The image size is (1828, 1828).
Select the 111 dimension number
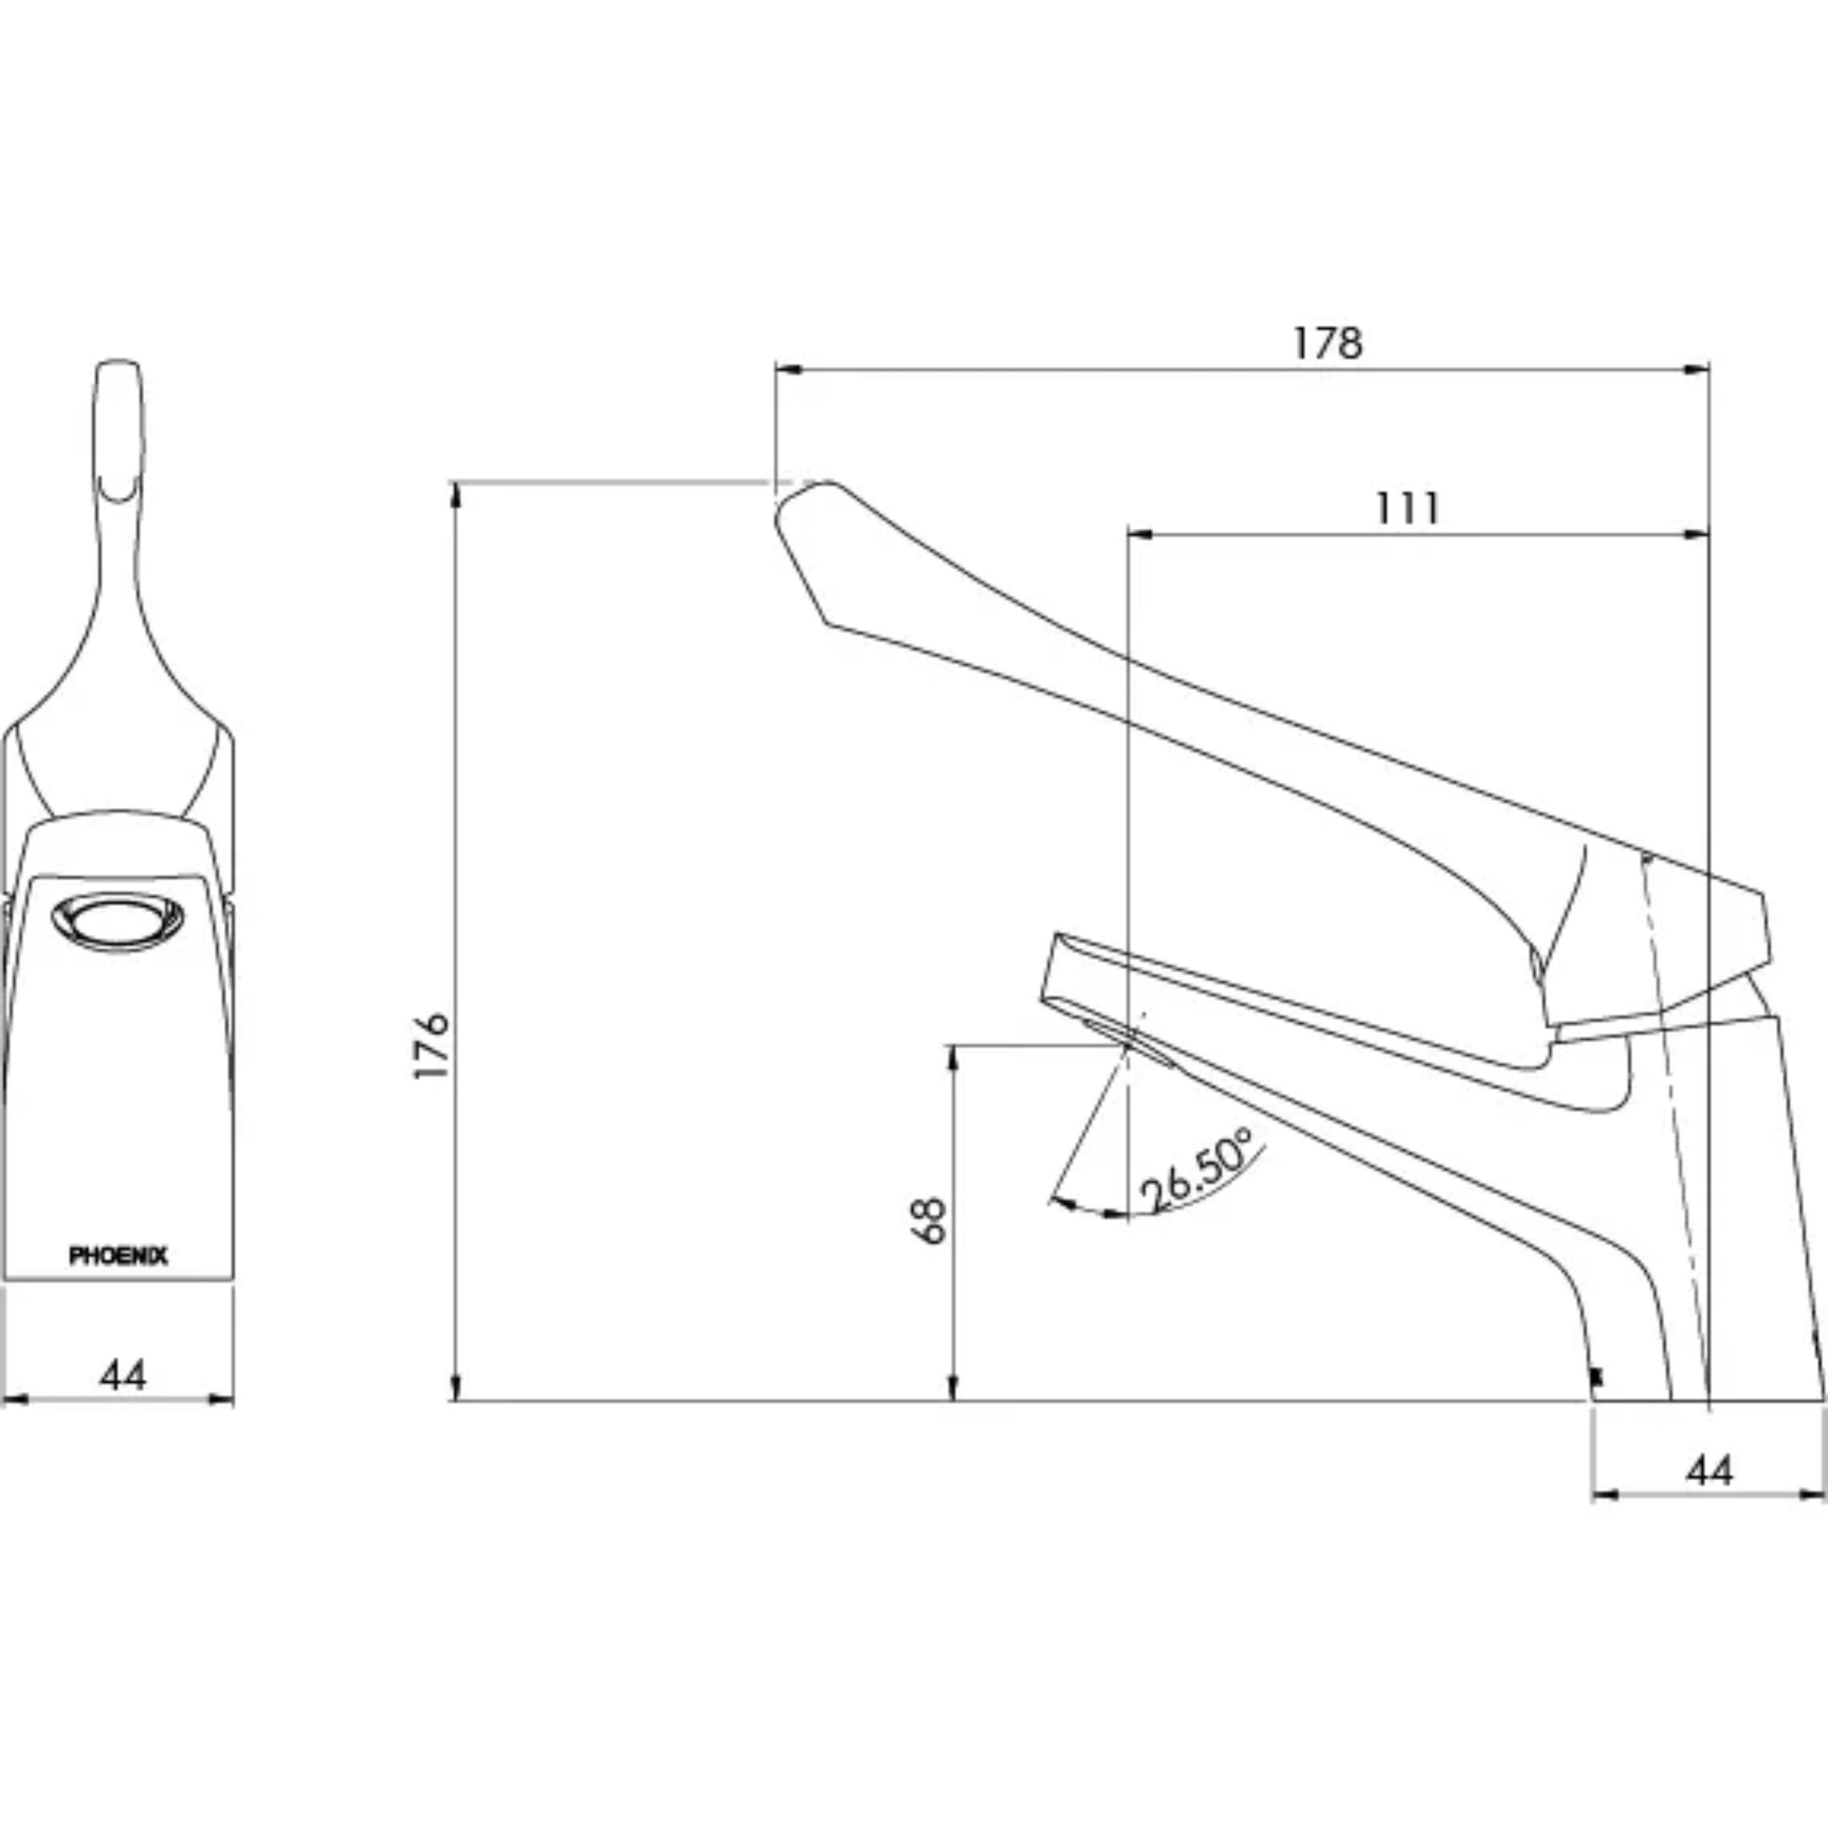pyautogui.click(x=1407, y=509)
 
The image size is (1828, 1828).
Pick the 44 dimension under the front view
pyautogui.click(x=123, y=1375)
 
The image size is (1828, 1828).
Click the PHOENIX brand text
pyautogui.click(x=118, y=1255)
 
